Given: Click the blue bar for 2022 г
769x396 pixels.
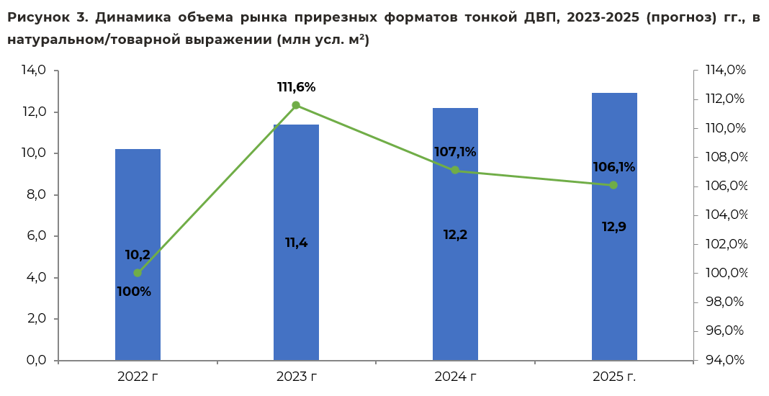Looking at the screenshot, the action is [138, 255].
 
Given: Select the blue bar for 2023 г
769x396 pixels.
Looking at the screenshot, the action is [296, 243].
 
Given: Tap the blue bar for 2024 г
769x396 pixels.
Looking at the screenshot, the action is [455, 234].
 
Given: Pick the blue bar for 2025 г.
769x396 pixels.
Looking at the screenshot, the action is [614, 227].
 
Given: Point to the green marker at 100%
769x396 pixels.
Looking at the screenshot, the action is [138, 273].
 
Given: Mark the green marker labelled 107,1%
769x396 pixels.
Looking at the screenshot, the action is [455, 170].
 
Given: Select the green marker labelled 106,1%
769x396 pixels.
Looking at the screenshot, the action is [613, 185].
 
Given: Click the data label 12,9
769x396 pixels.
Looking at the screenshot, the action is [614, 227].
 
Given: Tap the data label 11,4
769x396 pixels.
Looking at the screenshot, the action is [296, 243].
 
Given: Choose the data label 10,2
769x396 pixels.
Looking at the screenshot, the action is [138, 255].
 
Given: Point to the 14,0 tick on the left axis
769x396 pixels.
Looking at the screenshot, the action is [34, 70].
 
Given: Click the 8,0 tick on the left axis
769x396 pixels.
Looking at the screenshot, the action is [35, 195].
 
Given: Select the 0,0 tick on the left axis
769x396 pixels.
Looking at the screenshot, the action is [35, 360].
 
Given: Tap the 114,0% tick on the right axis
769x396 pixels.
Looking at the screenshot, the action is [726, 70].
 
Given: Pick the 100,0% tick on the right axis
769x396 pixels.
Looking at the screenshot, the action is [727, 273].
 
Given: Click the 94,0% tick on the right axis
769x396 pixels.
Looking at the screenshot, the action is [725, 360].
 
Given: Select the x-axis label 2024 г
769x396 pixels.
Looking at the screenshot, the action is [455, 377].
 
